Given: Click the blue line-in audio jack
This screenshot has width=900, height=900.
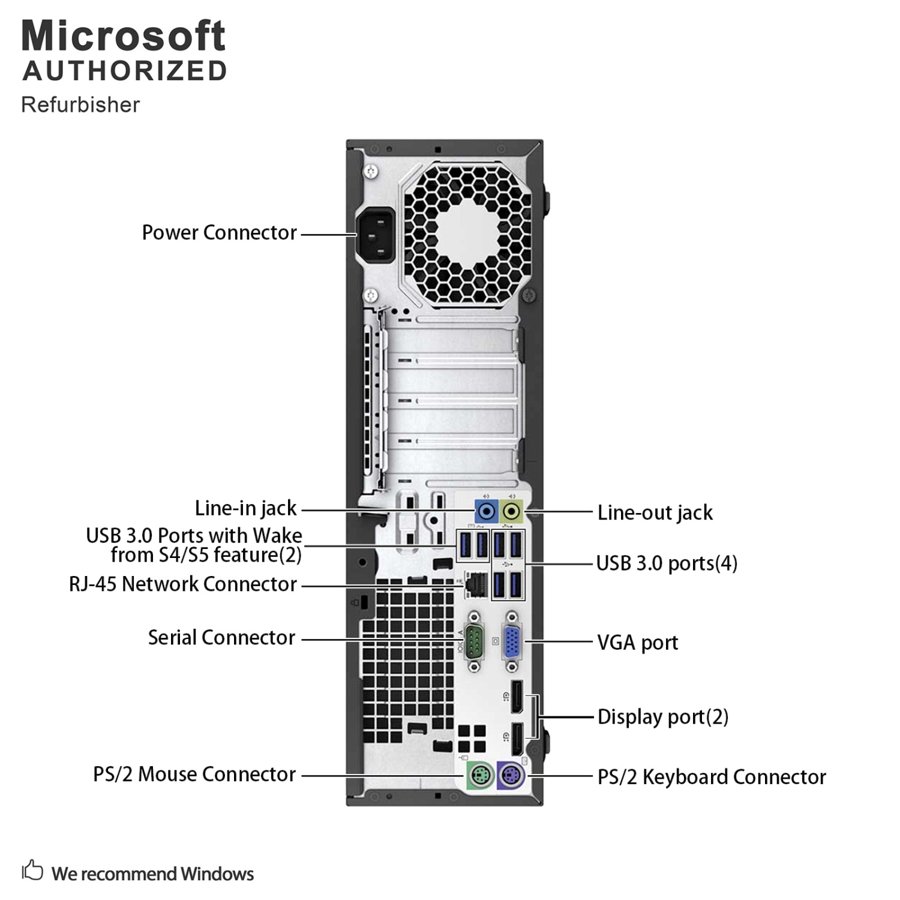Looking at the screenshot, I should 487,512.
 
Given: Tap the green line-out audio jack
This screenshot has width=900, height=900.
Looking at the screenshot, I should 511,512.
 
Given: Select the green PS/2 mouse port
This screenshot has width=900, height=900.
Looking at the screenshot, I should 481,775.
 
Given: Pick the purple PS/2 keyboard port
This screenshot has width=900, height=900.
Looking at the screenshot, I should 511,775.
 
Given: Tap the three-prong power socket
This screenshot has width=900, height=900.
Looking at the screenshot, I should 376,235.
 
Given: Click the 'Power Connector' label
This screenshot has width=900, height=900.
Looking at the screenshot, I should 219,233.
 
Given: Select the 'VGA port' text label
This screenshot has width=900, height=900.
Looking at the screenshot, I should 637,643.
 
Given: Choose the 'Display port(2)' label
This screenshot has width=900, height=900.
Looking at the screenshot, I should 662,717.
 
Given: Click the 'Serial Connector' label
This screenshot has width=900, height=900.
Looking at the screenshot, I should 221,638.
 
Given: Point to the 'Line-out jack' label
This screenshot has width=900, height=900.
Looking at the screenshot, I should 655,513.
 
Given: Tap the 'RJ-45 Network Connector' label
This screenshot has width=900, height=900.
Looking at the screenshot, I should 182,584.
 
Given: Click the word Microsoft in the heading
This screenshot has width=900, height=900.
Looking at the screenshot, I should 124,36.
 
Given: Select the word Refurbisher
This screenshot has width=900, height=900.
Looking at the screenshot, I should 80,105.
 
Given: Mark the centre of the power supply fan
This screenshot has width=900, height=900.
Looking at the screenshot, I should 468,234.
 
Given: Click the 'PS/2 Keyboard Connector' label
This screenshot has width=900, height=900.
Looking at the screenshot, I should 712,777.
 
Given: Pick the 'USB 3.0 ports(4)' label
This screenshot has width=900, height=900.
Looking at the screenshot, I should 666,563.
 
